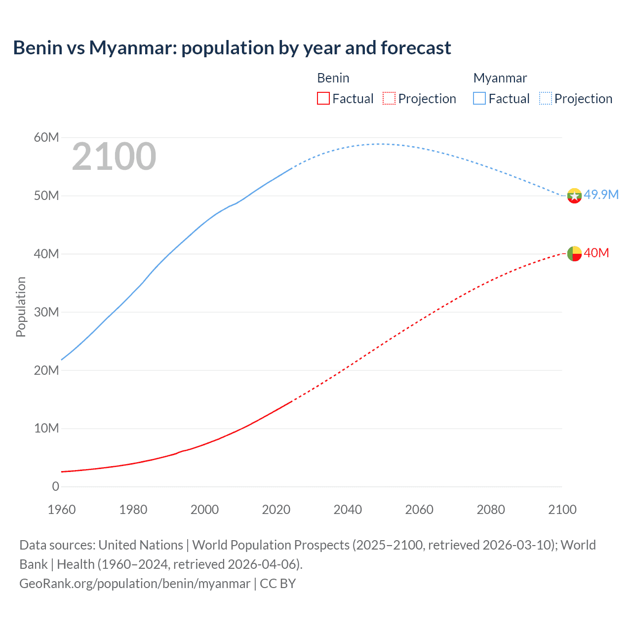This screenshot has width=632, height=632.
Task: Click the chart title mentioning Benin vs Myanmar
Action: [232, 48]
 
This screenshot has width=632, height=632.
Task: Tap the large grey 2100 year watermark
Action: [114, 157]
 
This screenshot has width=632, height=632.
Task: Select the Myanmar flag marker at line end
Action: [574, 196]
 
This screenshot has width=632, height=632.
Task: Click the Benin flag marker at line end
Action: [574, 254]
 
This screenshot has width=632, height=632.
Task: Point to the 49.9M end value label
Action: [601, 195]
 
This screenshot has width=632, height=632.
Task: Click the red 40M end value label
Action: [596, 253]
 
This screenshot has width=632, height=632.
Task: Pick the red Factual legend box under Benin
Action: [323, 98]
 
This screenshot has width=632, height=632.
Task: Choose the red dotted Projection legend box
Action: [389, 98]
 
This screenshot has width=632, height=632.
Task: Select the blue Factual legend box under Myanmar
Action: [479, 98]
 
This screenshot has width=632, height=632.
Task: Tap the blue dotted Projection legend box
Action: [545, 98]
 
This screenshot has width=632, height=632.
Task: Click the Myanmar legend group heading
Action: [500, 78]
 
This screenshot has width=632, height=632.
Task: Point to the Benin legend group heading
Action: [333, 78]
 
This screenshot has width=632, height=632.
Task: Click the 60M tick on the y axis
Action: [46, 137]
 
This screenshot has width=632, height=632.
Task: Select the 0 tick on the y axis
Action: [55, 486]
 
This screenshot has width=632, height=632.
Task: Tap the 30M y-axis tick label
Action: [46, 312]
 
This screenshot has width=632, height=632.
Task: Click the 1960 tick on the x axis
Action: [62, 510]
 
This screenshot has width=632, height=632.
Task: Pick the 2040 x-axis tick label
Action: [348, 510]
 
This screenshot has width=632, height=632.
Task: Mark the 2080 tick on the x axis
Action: [491, 510]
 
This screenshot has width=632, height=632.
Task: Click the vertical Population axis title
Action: [21, 307]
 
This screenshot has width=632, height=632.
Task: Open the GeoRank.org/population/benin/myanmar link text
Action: [135, 584]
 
